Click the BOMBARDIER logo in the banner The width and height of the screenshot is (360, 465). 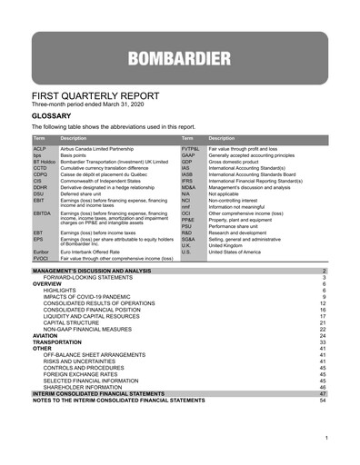[x=179, y=60]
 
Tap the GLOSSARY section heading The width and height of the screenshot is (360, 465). [x=54, y=117]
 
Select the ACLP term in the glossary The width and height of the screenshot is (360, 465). [x=40, y=147]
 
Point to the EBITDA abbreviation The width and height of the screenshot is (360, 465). [x=42, y=213]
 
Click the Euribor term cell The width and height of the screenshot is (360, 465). [x=41, y=252]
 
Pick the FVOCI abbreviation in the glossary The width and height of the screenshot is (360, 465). [x=41, y=259]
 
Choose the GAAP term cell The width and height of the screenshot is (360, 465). [x=189, y=154]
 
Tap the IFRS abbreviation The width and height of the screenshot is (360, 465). [x=188, y=181]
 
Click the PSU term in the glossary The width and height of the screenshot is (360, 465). [x=187, y=225]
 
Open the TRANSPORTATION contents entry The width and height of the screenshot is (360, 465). [x=61, y=341]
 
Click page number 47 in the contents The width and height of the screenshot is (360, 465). [x=323, y=393]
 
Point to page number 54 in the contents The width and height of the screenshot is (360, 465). [x=323, y=400]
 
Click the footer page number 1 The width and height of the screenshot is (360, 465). [x=325, y=439]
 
